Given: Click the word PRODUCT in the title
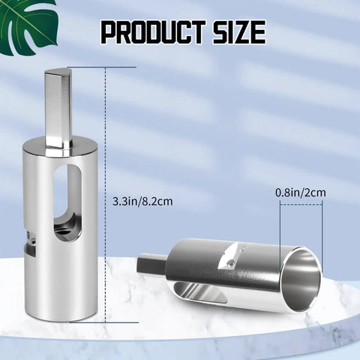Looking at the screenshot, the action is [154, 32].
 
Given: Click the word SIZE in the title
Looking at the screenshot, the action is [239, 32].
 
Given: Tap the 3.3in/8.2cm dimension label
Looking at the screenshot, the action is [142, 201].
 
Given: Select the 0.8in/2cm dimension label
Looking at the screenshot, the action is [301, 193].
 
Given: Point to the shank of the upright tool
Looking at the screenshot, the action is [58, 109].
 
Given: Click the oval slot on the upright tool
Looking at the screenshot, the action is [67, 202].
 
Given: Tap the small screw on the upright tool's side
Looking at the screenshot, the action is [33, 241].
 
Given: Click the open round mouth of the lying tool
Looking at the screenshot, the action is [301, 280].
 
